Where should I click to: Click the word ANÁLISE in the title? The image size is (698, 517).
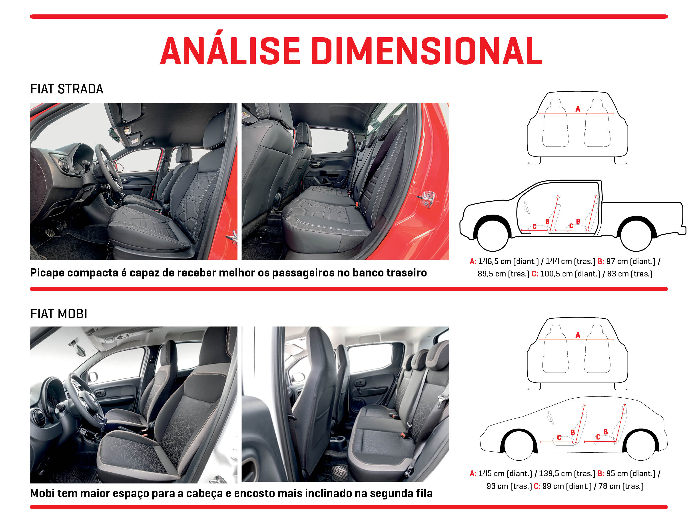[x=230, y=51]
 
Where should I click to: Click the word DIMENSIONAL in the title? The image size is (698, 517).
[x=427, y=51]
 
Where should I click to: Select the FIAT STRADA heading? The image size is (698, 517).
[x=66, y=89]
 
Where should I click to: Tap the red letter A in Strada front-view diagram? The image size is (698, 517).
[x=578, y=109]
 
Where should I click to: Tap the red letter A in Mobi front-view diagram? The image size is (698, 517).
[x=578, y=335]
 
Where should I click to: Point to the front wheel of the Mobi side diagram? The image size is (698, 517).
[x=519, y=445]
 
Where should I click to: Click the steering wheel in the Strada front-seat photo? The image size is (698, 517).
[x=108, y=166]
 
